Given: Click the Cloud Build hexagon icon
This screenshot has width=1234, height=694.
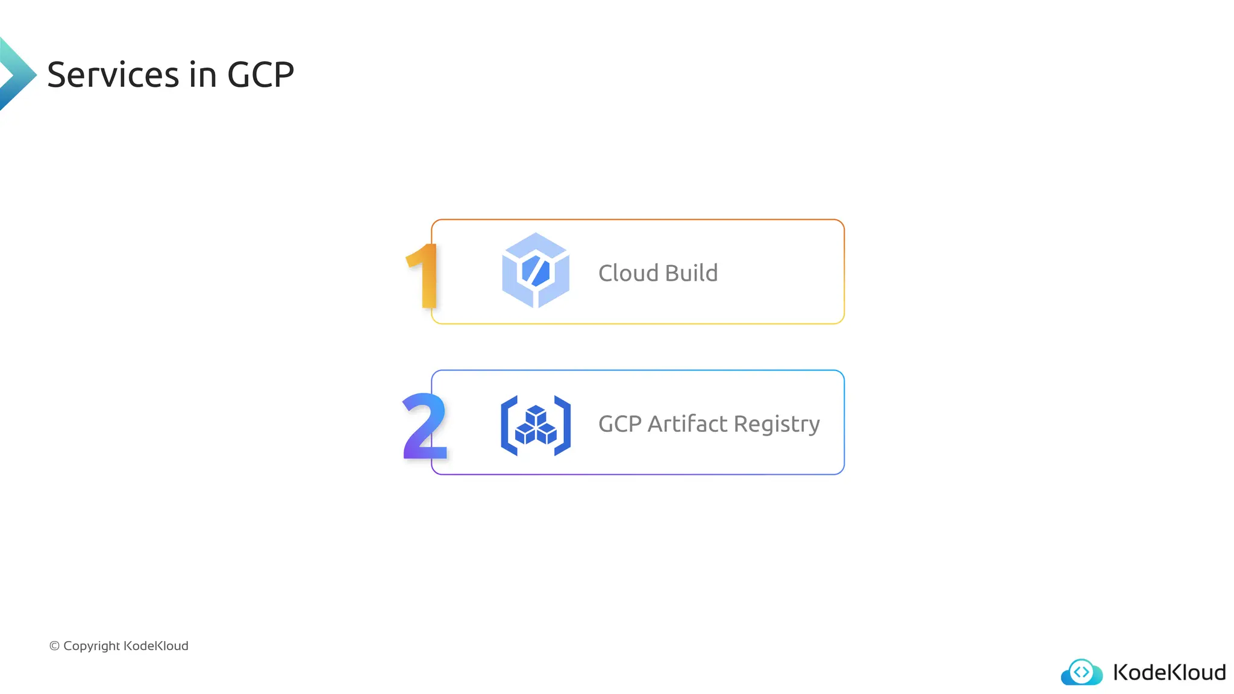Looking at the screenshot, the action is [535, 270].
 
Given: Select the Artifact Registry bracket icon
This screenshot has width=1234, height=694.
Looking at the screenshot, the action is [535, 425].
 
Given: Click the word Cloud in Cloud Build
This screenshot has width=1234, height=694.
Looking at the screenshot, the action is [628, 273].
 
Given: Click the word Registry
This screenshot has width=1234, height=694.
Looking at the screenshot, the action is [777, 425].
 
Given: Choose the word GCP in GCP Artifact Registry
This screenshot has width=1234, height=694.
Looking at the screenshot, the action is [619, 424].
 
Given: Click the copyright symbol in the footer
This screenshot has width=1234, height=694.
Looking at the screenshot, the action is [54, 646].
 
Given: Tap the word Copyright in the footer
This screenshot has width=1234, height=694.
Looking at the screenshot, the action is [92, 646].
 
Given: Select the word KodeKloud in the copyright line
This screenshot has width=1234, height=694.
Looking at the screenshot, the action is [156, 646].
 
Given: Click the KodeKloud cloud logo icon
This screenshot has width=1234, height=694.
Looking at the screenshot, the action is [1082, 672].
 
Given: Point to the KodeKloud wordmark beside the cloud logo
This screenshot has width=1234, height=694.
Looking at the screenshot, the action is [1169, 672].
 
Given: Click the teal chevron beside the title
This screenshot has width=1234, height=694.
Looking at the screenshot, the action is [16, 74].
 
